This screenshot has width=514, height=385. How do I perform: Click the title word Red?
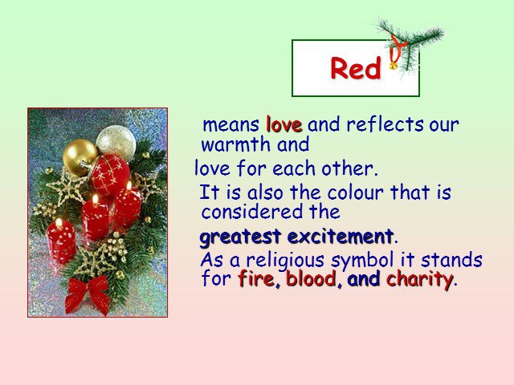356,67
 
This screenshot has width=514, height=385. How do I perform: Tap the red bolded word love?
284,124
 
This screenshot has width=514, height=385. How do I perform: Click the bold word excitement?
341,236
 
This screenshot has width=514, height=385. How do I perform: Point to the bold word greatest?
240,237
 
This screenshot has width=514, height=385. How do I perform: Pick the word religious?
285,261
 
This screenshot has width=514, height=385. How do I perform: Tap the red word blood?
312,279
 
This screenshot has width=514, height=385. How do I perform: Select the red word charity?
419,280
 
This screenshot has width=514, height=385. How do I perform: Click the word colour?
355,192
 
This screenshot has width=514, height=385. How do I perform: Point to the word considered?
251,212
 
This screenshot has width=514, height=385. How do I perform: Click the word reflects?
385,124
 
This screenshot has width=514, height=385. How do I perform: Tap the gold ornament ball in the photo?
80,157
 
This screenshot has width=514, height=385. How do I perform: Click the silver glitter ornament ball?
116,143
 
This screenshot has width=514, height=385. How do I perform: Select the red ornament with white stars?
109,175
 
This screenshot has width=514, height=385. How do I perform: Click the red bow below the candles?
88,294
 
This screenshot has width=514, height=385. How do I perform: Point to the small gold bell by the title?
393,66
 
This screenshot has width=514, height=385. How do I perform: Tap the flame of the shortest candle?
59,223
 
